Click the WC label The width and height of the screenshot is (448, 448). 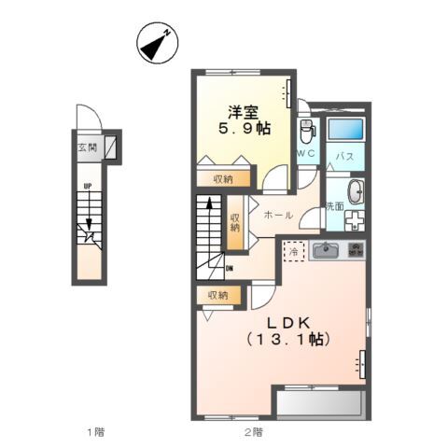307,152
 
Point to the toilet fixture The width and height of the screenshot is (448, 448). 306,129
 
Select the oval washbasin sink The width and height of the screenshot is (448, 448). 356,191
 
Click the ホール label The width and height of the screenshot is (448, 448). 277,216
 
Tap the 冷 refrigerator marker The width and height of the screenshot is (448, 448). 293,250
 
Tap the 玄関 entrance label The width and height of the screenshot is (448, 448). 87,147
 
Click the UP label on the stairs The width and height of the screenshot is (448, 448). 88,186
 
